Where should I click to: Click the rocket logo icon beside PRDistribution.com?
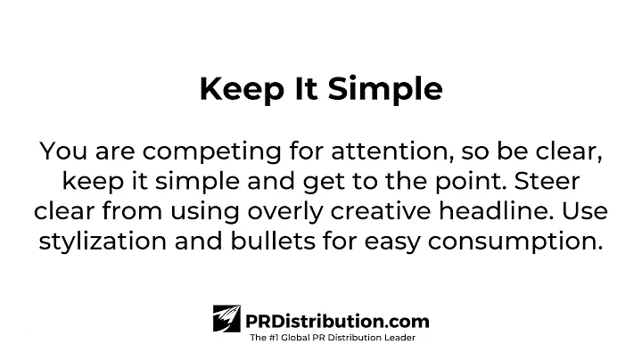click(226, 320)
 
